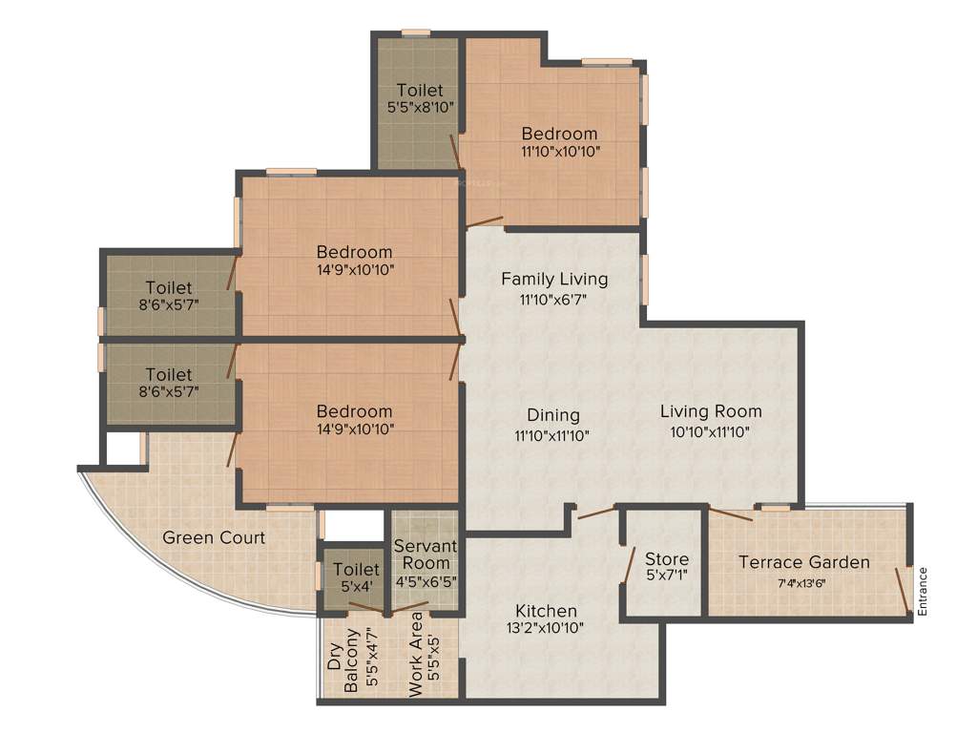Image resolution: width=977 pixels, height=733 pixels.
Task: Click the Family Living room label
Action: click(x=554, y=279)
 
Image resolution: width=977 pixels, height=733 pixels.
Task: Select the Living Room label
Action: click(x=711, y=411)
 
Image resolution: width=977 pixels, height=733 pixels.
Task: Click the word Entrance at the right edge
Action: click(x=923, y=591)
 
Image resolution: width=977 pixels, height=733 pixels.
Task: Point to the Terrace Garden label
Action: click(x=803, y=562)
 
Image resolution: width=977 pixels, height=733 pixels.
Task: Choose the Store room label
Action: click(x=666, y=558)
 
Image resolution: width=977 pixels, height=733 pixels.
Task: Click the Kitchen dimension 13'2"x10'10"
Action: click(x=546, y=628)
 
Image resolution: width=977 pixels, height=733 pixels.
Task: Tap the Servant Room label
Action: click(x=426, y=555)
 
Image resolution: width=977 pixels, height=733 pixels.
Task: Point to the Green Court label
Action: click(x=214, y=537)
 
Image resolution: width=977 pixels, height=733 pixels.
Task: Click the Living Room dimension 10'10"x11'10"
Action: click(x=711, y=430)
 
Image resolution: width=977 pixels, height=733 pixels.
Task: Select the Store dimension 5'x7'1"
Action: click(x=666, y=576)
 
